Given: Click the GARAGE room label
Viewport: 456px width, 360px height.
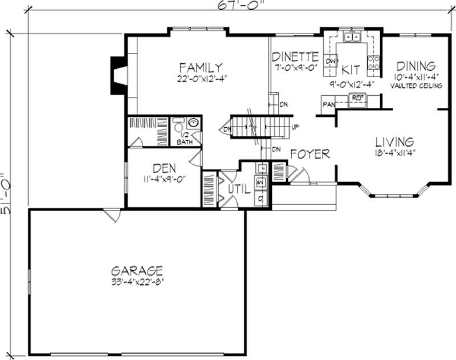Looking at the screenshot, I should (137, 270).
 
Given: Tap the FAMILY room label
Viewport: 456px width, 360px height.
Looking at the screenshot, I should (199, 67).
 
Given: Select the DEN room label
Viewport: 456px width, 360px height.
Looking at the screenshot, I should (164, 168).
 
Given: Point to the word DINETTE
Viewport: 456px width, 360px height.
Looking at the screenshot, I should (295, 56).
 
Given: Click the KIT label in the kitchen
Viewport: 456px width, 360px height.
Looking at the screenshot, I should (351, 70).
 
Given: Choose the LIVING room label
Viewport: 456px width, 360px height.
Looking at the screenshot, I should (394, 141).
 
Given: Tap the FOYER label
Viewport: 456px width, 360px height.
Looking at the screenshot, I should (310, 154).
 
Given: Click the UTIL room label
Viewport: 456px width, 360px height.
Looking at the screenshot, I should (239, 189).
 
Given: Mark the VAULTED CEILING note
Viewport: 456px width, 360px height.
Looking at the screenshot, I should (417, 86).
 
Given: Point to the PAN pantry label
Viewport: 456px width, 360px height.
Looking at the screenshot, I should (328, 105).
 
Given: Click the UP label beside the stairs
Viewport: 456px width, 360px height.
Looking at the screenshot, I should (295, 127).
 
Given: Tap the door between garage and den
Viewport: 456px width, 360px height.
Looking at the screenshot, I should (112, 215).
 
